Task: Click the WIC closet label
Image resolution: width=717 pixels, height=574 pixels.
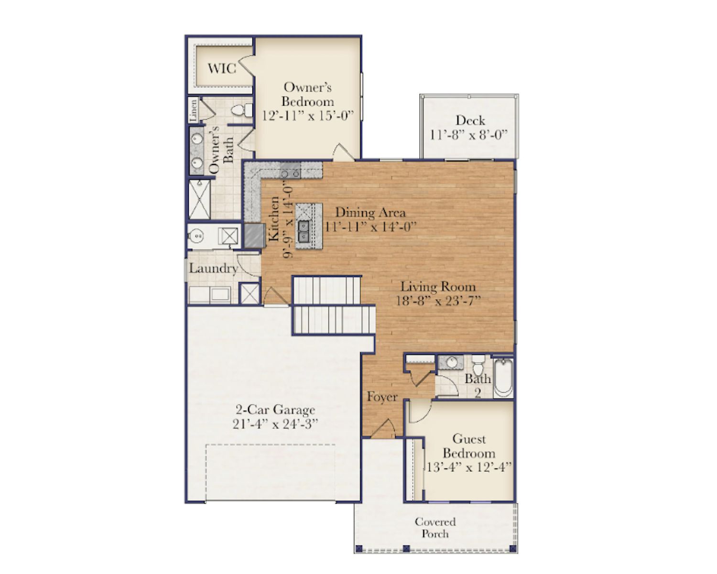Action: pos(222,68)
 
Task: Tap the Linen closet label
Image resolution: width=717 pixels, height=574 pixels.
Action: pos(193,110)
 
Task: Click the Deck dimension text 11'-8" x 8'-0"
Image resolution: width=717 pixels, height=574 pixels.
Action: pos(468,135)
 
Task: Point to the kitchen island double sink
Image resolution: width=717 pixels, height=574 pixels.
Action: pos(303,231)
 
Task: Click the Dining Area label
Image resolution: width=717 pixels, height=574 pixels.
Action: pos(370,213)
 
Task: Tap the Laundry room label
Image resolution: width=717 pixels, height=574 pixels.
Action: pos(214,268)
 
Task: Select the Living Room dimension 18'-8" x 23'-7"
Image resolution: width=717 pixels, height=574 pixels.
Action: pos(438,301)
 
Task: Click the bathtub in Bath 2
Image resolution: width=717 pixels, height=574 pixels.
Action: pos(503,379)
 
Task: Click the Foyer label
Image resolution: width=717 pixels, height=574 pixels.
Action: pos(382,397)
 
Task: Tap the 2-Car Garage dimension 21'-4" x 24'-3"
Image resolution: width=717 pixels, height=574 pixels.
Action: pos(275,424)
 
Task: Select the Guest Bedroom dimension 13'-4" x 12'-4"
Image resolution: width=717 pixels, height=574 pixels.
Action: pos(469,467)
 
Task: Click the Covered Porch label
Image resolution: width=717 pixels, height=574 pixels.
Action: pos(435,528)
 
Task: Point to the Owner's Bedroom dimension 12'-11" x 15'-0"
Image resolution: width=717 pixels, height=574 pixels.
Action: pos(307,116)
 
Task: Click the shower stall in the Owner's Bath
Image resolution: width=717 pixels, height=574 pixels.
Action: pos(199,199)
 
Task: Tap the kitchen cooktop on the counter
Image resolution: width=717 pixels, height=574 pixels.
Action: pos(290,169)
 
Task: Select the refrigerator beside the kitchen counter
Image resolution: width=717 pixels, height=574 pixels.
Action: pos(255,236)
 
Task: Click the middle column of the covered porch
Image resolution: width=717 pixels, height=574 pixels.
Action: pos(406,548)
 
